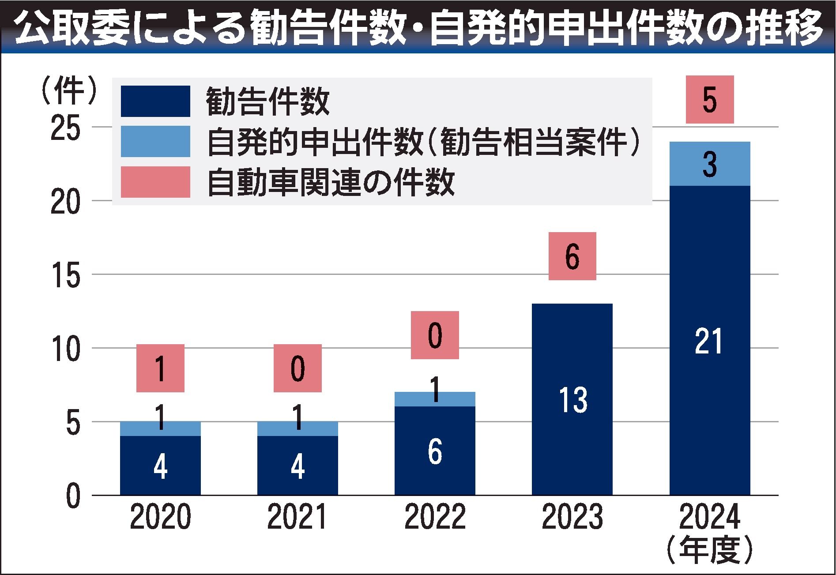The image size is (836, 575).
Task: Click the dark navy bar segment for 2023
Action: tap(572, 399)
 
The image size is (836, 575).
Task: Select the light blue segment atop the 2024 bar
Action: tap(709, 164)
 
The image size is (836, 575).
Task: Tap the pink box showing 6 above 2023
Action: tap(572, 256)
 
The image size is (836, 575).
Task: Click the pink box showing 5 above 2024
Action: tap(709, 100)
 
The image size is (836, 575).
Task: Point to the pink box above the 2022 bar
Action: tap(435, 335)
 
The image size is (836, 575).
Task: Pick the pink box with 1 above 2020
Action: tap(160, 368)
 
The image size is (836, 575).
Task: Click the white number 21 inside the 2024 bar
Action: tap(709, 341)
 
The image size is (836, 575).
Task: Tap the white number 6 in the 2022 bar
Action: tap(435, 452)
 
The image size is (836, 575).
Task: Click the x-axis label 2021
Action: tap(297, 517)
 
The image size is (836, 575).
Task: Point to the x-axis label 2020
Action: tap(160, 517)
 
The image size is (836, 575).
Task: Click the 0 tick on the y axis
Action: tap(73, 496)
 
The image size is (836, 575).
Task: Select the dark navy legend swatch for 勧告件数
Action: tap(155, 101)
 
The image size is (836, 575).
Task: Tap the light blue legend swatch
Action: tap(155, 142)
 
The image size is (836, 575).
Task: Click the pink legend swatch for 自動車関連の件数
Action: tap(155, 182)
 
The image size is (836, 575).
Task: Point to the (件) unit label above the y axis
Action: tap(68, 90)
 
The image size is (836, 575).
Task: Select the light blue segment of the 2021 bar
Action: tap(297, 428)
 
